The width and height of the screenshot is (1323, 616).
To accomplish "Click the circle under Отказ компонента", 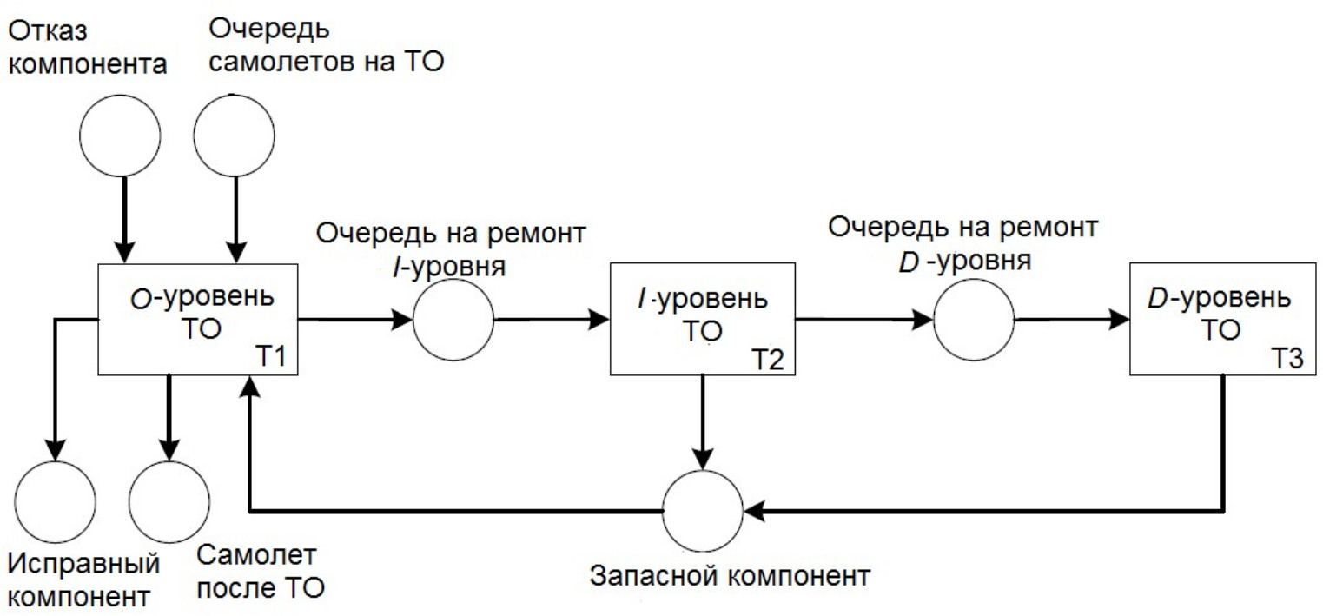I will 120,136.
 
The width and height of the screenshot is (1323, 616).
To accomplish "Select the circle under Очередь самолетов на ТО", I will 234,136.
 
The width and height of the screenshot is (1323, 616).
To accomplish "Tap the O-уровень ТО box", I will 198,321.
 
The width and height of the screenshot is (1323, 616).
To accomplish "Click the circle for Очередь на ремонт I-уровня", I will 453,321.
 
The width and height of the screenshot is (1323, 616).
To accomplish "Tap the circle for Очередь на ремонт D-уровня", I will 974,321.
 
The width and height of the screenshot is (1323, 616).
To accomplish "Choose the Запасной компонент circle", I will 704,509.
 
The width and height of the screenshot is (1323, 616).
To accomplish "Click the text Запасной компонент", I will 731,576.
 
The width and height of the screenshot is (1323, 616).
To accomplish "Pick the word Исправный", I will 84,564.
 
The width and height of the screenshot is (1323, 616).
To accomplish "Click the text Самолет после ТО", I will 261,572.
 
